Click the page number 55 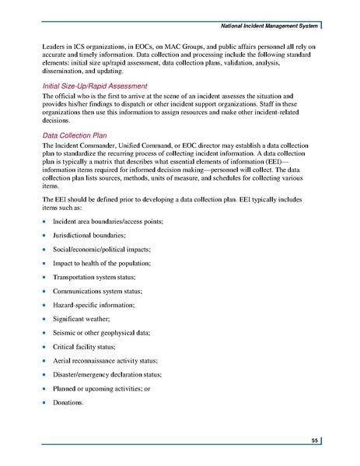(x=314, y=441)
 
